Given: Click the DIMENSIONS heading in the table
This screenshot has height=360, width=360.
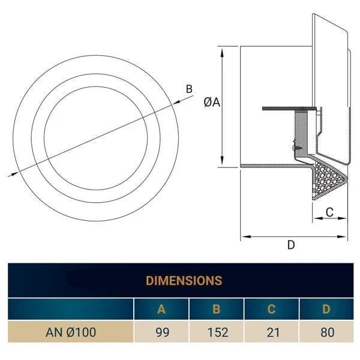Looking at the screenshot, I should [x=184, y=280].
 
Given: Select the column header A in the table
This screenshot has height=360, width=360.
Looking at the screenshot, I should [x=161, y=310].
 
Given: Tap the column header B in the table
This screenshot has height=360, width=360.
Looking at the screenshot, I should [x=216, y=310].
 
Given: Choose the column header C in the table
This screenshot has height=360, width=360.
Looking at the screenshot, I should [x=271, y=310].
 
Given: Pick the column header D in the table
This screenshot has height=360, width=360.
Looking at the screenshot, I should [x=326, y=310].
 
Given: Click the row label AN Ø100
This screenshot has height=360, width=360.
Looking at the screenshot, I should [x=71, y=332].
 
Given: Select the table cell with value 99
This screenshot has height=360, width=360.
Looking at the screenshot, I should [x=161, y=332].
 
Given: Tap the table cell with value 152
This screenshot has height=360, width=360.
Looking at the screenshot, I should [x=216, y=332].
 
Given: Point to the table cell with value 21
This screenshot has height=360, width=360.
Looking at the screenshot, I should [x=271, y=332].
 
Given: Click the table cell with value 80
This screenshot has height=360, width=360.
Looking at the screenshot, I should [x=326, y=332].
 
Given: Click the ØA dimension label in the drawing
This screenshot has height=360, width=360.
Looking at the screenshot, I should [x=212, y=103].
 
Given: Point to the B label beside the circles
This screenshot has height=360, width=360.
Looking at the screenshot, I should [x=189, y=89].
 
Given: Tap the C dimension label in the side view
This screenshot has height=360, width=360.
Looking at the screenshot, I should [x=329, y=211].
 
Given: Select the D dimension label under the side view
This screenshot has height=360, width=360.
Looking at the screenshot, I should [x=291, y=244].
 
